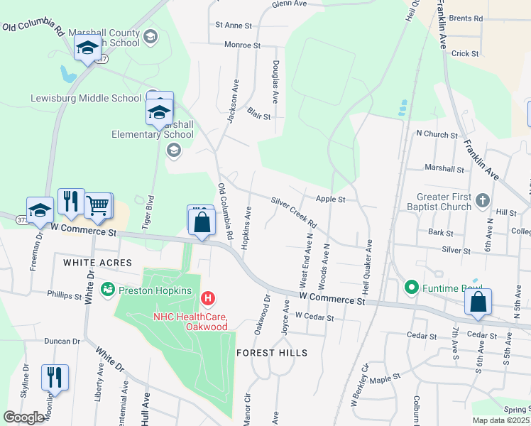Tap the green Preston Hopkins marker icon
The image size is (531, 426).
(108, 290)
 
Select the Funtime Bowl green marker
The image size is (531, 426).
(410, 288)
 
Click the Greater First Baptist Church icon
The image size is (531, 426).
(483, 200)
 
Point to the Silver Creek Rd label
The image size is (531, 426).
(294, 212)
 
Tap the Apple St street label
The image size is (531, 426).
(330, 200)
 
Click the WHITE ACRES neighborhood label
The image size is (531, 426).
(97, 263)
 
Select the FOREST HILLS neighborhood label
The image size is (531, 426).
(272, 353)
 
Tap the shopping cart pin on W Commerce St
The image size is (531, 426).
(98, 205)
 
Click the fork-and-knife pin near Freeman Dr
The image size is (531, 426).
(70, 202)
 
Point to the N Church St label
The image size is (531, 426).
(437, 133)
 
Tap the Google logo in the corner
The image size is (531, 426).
(23, 417)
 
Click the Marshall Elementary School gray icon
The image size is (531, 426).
(173, 150)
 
